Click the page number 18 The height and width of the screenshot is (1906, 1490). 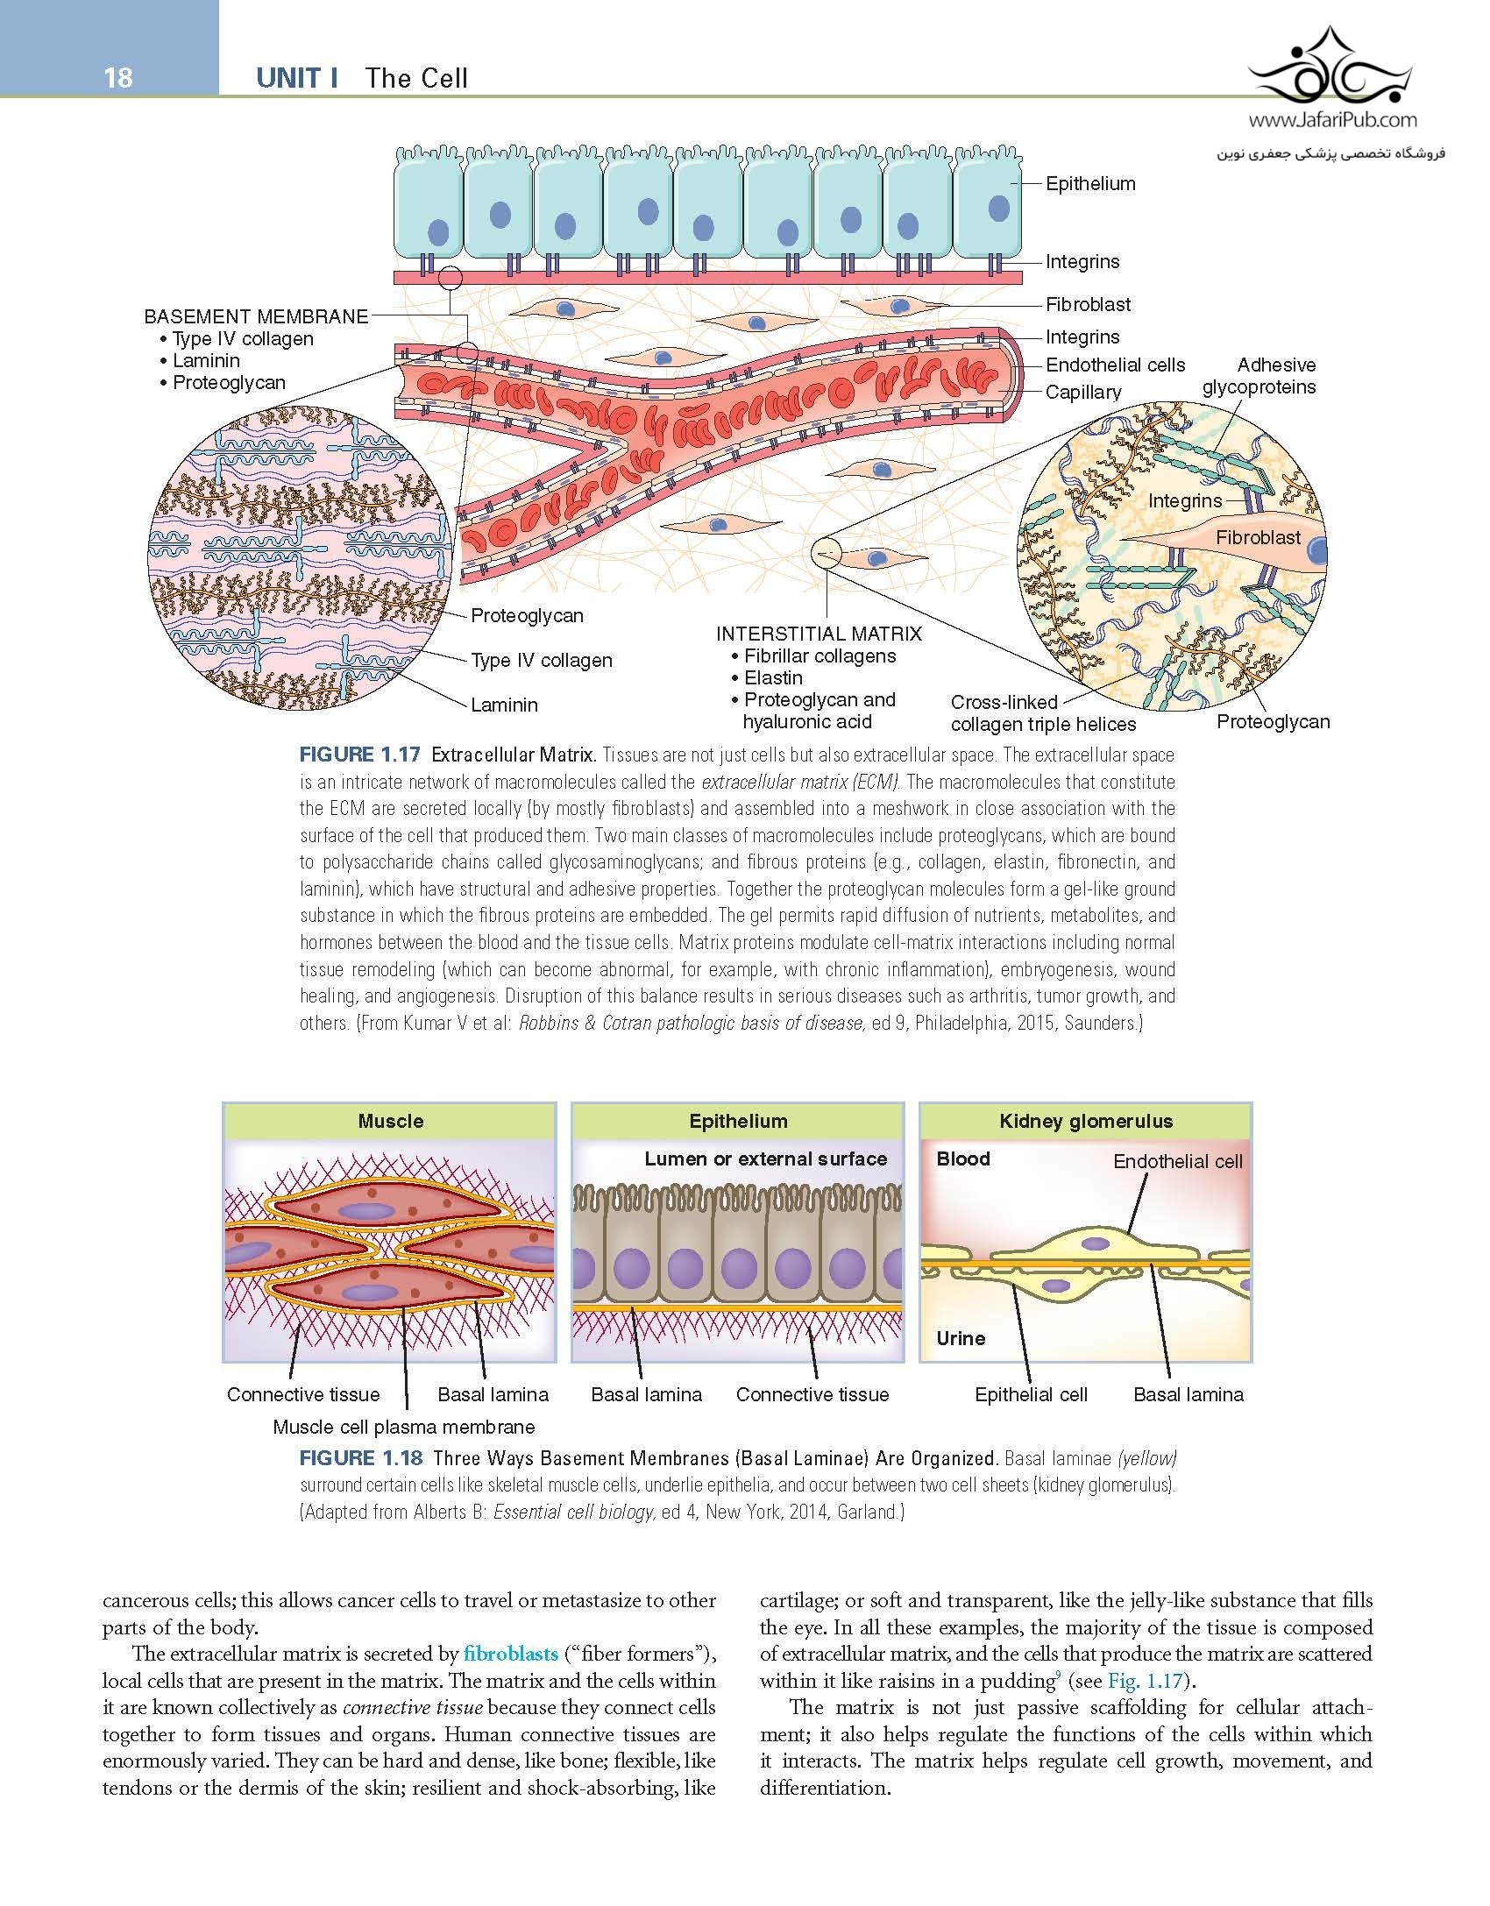click(x=117, y=78)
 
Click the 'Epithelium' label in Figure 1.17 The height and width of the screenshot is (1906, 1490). click(x=1089, y=183)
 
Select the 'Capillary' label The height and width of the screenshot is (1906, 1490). click(x=1082, y=392)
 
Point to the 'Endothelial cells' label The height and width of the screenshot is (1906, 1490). click(x=1115, y=365)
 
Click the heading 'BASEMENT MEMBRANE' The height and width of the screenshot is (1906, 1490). click(x=256, y=316)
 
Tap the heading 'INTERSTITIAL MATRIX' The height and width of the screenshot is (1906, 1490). click(x=819, y=634)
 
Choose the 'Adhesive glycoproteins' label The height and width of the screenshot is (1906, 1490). click(x=1259, y=376)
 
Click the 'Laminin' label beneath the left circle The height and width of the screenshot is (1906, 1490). click(x=504, y=705)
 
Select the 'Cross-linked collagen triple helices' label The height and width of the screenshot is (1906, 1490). click(x=1043, y=713)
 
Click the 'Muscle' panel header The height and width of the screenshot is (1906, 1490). click(x=390, y=1121)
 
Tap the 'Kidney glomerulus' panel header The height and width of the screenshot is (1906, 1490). click(x=1085, y=1121)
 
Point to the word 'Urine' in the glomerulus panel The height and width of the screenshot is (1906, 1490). click(x=961, y=1338)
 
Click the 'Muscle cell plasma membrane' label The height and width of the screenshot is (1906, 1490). click(x=403, y=1427)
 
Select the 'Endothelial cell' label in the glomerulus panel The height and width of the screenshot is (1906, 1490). click(x=1177, y=1161)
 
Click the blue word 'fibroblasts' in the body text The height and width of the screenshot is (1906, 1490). click(x=510, y=1654)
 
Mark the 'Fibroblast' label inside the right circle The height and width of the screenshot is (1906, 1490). click(x=1258, y=537)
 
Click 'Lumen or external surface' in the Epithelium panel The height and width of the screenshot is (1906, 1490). click(x=765, y=1158)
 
